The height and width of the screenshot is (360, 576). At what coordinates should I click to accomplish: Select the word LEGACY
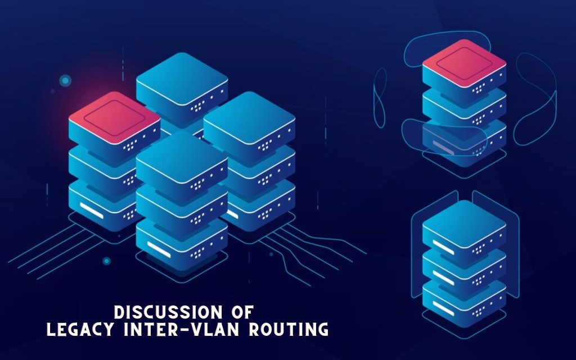[x=80, y=329]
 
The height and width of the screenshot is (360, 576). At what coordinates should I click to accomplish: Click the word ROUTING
[x=289, y=329]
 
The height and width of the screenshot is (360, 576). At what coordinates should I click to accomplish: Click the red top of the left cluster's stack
[x=115, y=118]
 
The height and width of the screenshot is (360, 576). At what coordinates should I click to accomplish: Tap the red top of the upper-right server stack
[x=464, y=63]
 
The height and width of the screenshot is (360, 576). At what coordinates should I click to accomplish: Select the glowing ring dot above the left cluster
[x=65, y=80]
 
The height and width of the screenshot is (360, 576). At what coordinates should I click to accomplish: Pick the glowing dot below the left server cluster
[x=106, y=261]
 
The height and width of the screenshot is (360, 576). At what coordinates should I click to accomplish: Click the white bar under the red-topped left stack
[x=92, y=210]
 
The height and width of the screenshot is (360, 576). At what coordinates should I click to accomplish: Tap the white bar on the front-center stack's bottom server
[x=159, y=249]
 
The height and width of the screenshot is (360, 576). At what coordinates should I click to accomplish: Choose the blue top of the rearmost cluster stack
[x=182, y=79]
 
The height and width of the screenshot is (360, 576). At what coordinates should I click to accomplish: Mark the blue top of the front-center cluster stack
[x=182, y=157]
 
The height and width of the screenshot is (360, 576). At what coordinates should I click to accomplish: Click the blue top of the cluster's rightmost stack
[x=249, y=118]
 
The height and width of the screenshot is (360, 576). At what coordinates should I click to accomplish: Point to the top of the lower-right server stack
[x=464, y=224]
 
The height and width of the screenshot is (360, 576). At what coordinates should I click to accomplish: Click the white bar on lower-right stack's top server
[x=443, y=247]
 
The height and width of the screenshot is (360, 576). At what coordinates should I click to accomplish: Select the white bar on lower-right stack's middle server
[x=443, y=278]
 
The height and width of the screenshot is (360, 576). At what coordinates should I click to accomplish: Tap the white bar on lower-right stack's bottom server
[x=443, y=308]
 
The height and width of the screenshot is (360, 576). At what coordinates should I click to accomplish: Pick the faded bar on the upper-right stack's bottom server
[x=443, y=147]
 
